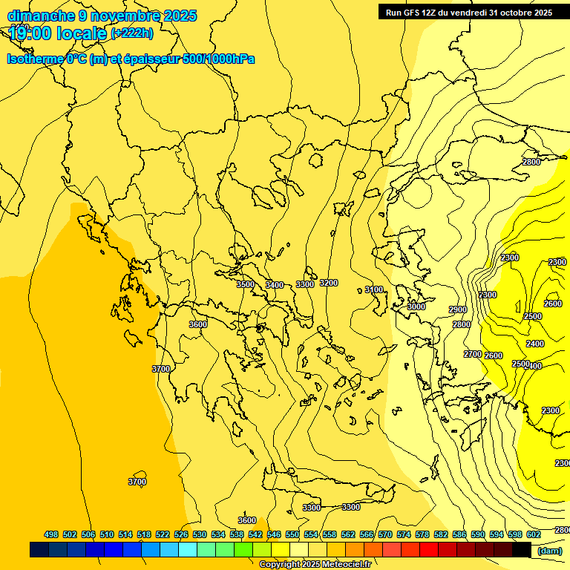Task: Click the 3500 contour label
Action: pyautogui.click(x=246, y=284)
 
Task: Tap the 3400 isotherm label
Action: pyautogui.click(x=275, y=285)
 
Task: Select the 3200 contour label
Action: pyautogui.click(x=329, y=283)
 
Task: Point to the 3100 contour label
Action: pyautogui.click(x=374, y=289)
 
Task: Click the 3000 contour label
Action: pyautogui.click(x=416, y=307)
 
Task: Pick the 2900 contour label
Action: pyautogui.click(x=458, y=309)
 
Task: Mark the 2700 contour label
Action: pyautogui.click(x=473, y=354)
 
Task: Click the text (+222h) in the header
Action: pyautogui.click(x=132, y=33)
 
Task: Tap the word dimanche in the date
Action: pyautogui.click(x=41, y=16)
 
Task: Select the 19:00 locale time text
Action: pyautogui.click(x=58, y=33)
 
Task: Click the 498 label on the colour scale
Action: pyautogui.click(x=51, y=534)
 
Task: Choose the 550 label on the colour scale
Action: pyautogui.click(x=292, y=534)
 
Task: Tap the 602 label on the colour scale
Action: pyautogui.click(x=534, y=534)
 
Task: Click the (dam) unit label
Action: pyautogui.click(x=549, y=550)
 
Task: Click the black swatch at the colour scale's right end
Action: pyautogui.click(x=522, y=550)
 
